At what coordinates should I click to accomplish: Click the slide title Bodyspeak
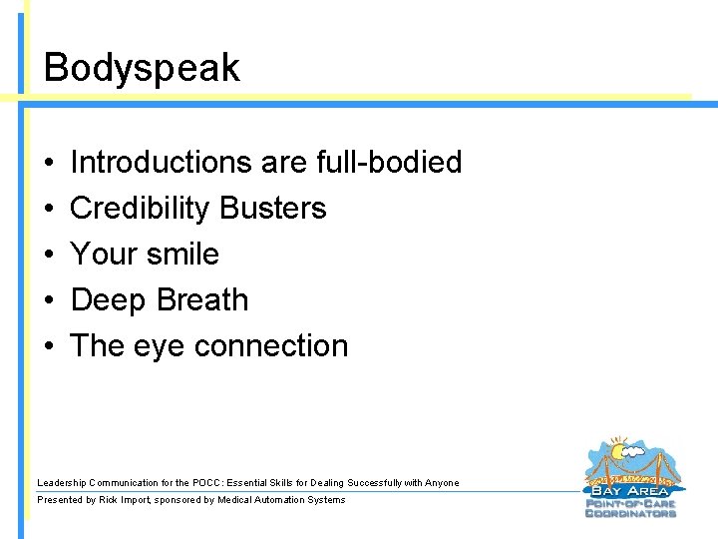click(x=142, y=68)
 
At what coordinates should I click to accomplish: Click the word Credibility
click(x=141, y=208)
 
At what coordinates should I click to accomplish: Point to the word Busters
click(x=273, y=208)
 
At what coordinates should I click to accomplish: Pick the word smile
click(x=182, y=254)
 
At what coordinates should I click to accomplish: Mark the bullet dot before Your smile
click(x=48, y=255)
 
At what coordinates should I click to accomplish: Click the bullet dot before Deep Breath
click(x=48, y=300)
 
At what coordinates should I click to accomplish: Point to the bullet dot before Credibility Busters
click(x=48, y=209)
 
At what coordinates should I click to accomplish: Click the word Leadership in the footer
click(x=62, y=483)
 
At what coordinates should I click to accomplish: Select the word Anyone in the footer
click(x=442, y=483)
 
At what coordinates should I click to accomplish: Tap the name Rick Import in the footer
click(x=126, y=500)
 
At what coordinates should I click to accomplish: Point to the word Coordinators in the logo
click(x=630, y=513)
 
